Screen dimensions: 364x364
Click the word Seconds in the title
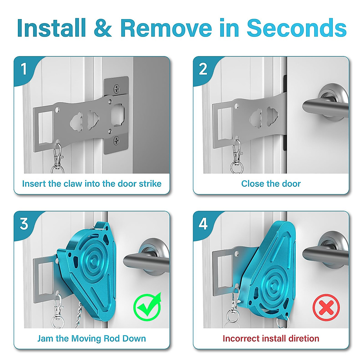[296, 28]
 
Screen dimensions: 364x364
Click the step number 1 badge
[24, 69]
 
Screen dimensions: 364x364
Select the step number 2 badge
[203, 69]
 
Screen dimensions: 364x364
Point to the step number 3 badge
[24, 224]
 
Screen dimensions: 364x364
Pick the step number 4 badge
[203, 224]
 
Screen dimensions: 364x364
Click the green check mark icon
[148, 307]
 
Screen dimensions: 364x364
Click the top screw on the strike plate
[117, 89]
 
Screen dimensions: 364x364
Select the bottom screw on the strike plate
[117, 140]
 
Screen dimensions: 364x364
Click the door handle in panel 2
[322, 106]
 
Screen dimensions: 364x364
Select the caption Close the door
[271, 184]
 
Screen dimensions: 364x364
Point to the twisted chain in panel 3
[78, 315]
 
